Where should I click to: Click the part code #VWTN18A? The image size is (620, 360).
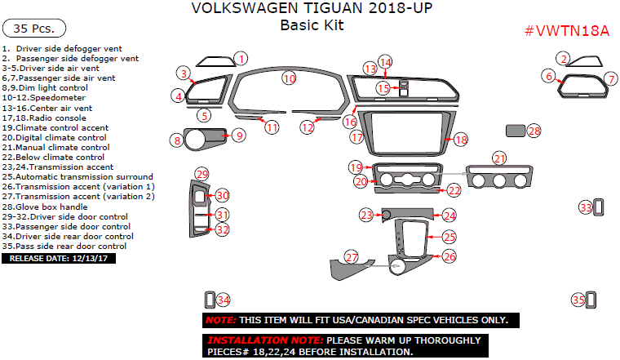[567, 31]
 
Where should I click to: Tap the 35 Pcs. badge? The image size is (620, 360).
[32, 29]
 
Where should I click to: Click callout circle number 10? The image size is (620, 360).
[289, 78]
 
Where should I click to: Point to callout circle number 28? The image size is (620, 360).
[534, 131]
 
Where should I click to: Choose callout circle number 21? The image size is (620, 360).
[499, 158]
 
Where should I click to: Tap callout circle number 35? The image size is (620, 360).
[578, 300]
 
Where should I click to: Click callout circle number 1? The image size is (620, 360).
[241, 58]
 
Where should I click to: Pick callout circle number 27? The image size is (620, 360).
[352, 257]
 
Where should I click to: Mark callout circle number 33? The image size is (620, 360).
[586, 208]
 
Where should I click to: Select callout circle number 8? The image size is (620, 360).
[176, 140]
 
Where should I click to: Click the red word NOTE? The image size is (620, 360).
[220, 320]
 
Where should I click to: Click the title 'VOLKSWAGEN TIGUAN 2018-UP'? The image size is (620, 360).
[312, 9]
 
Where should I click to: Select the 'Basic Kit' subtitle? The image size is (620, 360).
[312, 25]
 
